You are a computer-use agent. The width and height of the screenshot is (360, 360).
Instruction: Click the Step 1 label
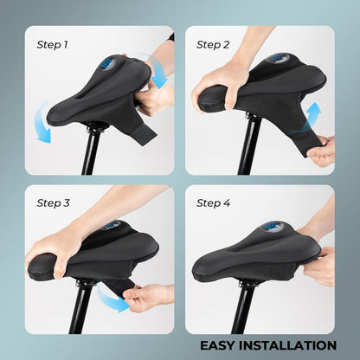[52, 45]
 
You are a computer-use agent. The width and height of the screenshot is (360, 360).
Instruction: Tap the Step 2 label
[213, 45]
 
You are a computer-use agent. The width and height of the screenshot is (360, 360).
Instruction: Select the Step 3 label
[53, 203]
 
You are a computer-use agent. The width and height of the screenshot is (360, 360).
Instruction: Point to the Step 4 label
[214, 203]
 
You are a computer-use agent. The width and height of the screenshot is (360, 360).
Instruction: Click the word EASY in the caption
[218, 345]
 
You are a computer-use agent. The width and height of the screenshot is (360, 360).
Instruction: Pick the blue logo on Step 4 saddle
[273, 227]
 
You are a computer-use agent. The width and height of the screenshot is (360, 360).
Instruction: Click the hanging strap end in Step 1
[145, 133]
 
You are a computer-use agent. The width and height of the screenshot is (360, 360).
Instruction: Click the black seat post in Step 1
[90, 150]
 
